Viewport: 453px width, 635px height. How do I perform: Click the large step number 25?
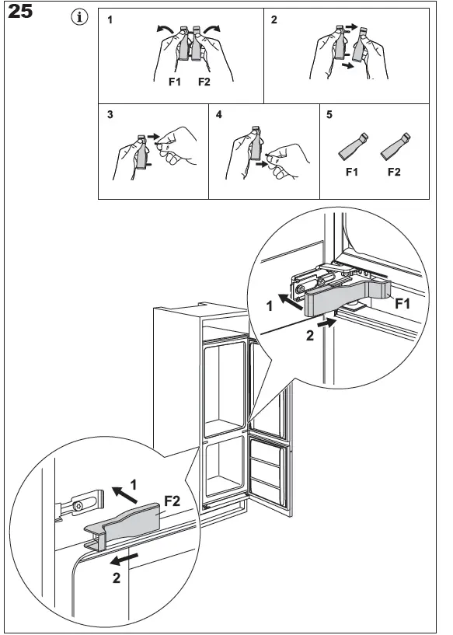point(20,11)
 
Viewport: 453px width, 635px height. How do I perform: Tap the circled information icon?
point(79,17)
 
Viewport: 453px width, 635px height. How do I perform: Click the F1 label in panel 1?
point(175,82)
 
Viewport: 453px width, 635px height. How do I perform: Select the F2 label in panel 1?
point(204,82)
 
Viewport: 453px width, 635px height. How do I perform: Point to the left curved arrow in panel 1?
point(166,30)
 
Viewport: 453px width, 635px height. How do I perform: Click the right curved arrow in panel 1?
point(212,30)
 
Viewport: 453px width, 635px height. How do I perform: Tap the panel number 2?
point(274,19)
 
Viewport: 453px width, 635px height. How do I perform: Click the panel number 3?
point(110,114)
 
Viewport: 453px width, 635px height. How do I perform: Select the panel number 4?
point(218,114)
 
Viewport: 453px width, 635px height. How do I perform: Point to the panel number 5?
point(329,114)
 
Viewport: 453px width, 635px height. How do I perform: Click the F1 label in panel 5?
point(352,172)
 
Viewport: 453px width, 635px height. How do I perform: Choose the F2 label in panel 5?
point(394,172)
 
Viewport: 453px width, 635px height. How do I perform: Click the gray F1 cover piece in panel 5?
point(353,146)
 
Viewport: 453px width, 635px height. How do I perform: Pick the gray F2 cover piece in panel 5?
point(396,146)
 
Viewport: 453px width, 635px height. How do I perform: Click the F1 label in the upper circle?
point(402,303)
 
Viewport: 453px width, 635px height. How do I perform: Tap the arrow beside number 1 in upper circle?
point(291,302)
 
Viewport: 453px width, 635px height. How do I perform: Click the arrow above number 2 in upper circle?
point(326,323)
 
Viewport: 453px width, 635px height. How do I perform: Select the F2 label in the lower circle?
point(172,501)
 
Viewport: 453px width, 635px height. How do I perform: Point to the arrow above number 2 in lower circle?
point(124,560)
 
